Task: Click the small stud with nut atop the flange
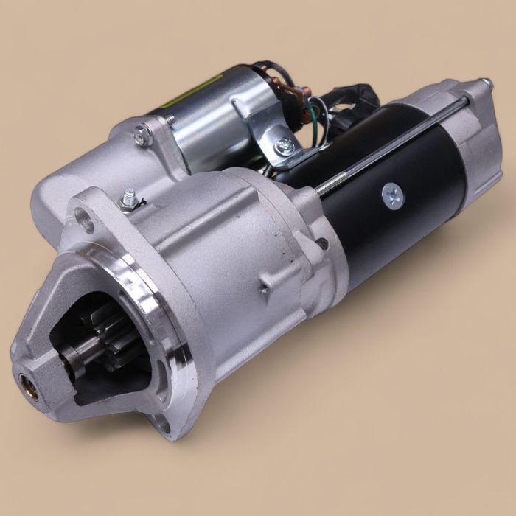[x=130, y=198]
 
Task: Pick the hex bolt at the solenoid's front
[x=142, y=133]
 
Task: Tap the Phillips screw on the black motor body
[x=390, y=195]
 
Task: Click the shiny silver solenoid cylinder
[x=214, y=118]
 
